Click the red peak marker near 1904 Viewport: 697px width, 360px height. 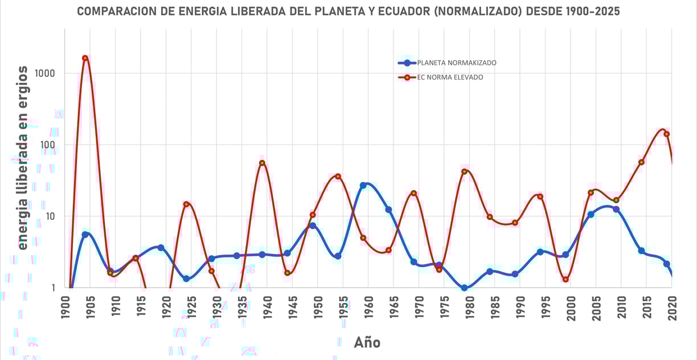point(85,58)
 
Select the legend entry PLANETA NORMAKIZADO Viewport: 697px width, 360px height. point(456,63)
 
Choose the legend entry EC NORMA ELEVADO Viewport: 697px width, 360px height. point(449,77)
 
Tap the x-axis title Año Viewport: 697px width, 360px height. point(367,342)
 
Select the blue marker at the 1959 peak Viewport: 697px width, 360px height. point(363,185)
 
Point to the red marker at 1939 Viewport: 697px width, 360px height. point(262,163)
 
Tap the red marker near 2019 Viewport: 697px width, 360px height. point(666,134)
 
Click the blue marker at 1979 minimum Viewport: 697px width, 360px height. point(465,288)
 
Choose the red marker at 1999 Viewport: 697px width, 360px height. point(565,279)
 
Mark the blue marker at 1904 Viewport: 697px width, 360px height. point(85,234)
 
